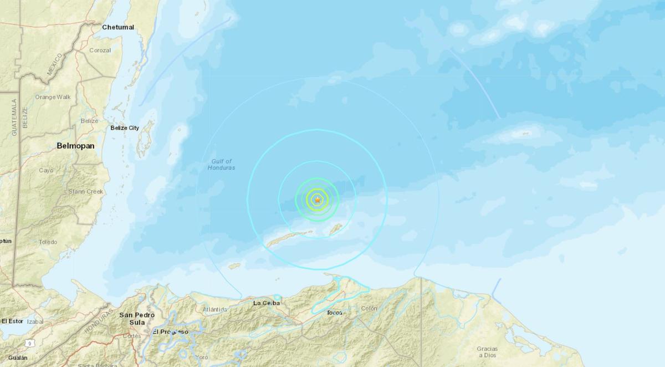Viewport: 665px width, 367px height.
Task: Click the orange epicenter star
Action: point(318,200)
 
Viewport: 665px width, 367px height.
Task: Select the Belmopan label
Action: point(75,146)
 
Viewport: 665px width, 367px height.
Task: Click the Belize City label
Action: point(124,128)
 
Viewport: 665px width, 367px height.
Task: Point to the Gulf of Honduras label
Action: point(222,164)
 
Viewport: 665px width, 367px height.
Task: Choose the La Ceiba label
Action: point(267,303)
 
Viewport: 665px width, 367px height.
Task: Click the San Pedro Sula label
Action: point(132,318)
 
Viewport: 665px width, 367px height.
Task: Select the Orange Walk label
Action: point(53,97)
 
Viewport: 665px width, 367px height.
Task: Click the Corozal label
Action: point(100,50)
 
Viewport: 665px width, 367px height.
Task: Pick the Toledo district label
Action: point(48,242)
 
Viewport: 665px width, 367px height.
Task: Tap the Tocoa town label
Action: point(335,313)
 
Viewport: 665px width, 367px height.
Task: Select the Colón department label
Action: point(369,308)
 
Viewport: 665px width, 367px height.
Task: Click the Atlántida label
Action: point(215,309)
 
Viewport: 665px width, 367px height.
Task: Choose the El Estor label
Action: point(12,321)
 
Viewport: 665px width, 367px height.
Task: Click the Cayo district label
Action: point(46,170)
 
